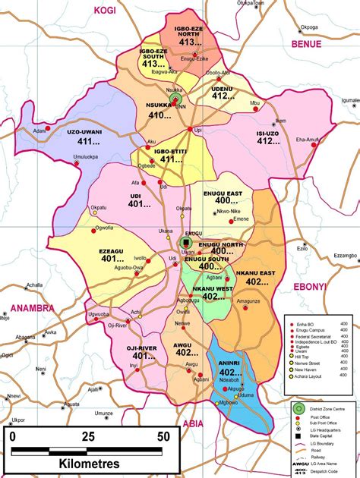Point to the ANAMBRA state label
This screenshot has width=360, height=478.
click(33, 309)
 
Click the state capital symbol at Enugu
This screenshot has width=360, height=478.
click(185, 243)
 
